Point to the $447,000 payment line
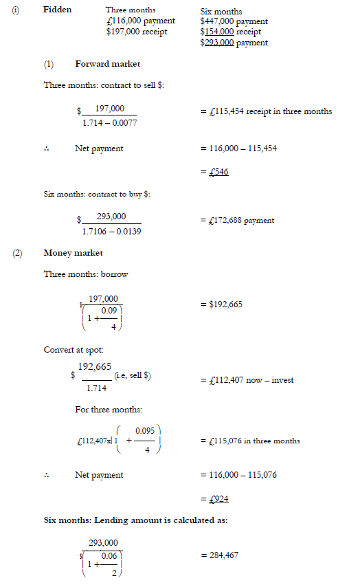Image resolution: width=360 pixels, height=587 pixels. (x=234, y=22)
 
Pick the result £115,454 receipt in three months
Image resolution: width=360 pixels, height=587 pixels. (x=265, y=111)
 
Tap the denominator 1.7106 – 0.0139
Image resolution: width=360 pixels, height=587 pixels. (x=112, y=231)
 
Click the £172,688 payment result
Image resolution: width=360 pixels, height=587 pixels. (x=236, y=221)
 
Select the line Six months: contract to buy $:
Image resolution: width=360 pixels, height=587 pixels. (x=97, y=195)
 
